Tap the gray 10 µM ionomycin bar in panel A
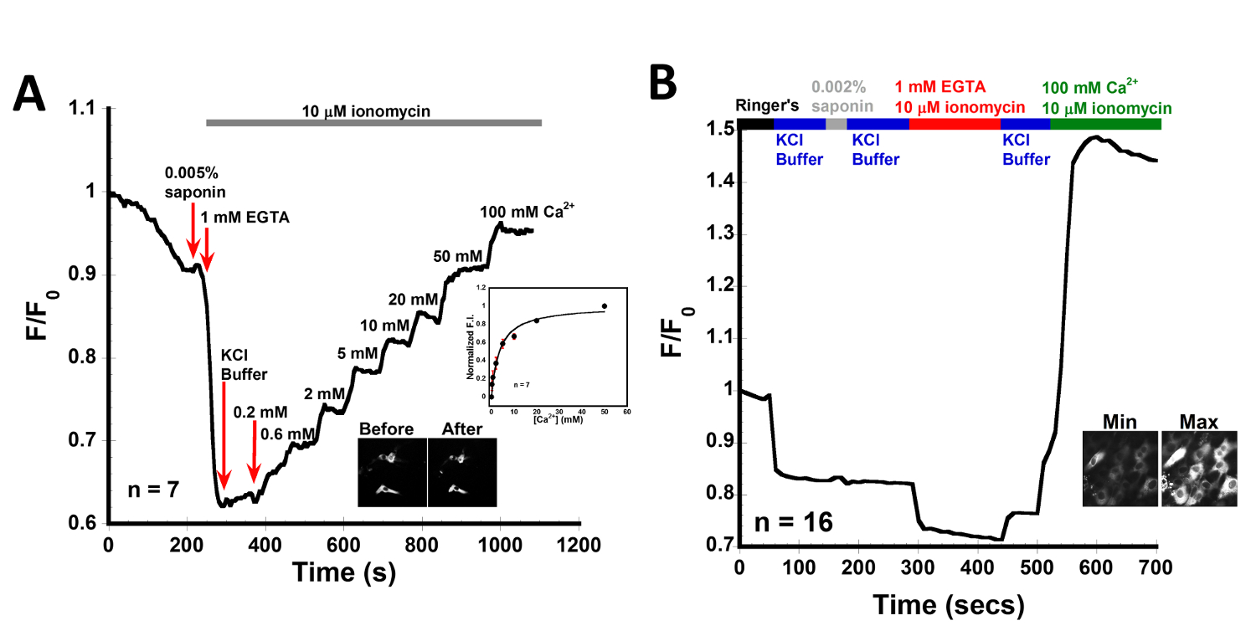(x=373, y=123)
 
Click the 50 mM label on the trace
(x=453, y=255)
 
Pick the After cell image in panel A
(x=463, y=471)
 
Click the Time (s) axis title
(x=344, y=573)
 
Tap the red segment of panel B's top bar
(x=955, y=124)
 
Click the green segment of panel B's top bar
(x=1105, y=124)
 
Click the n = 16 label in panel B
(x=792, y=523)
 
